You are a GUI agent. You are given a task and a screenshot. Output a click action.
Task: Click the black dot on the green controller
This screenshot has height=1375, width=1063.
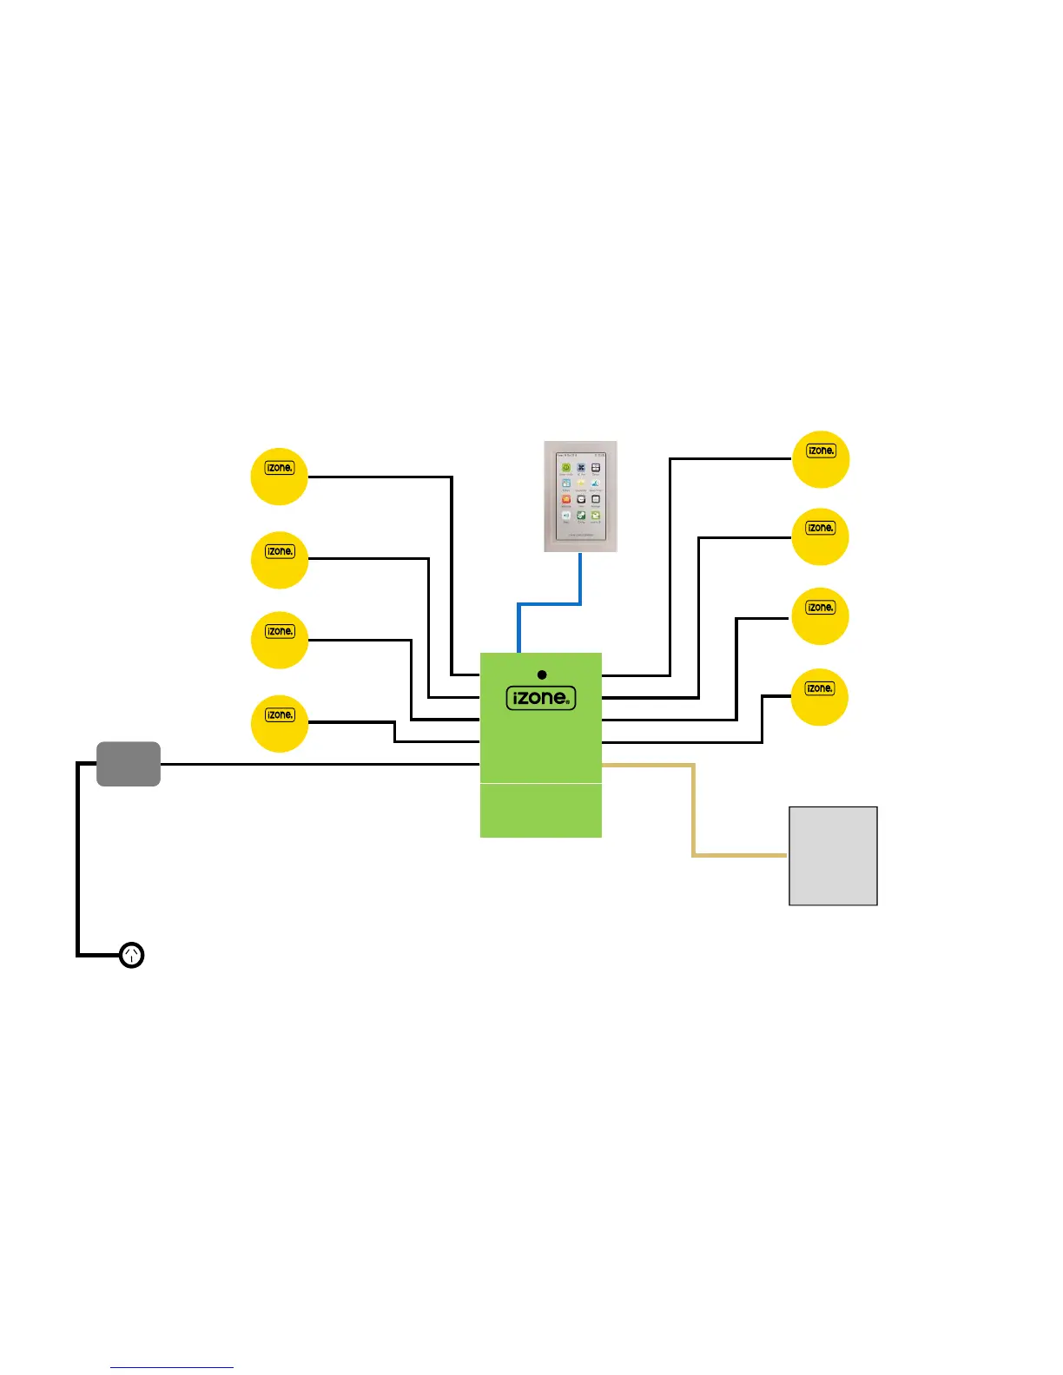click(542, 674)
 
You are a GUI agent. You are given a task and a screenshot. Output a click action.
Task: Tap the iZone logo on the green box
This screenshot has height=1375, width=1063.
click(541, 698)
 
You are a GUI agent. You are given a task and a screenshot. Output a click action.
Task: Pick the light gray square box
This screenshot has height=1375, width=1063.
click(833, 856)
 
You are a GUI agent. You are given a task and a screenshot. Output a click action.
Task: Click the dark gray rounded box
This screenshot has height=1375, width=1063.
click(129, 764)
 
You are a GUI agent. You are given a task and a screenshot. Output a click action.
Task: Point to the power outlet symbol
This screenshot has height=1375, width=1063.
click(131, 955)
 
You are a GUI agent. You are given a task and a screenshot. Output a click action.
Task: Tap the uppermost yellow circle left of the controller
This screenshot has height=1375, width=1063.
click(280, 477)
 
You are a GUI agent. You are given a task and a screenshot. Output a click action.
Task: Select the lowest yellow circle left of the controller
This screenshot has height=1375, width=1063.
click(280, 724)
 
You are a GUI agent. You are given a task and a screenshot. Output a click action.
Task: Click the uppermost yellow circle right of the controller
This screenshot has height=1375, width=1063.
click(821, 459)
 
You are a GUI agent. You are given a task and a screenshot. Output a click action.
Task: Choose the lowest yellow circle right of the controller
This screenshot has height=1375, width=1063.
click(820, 697)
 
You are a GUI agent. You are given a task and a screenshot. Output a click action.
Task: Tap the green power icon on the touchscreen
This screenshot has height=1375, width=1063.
click(565, 468)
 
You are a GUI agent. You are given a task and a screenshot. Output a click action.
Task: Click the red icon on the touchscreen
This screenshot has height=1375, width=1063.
click(566, 499)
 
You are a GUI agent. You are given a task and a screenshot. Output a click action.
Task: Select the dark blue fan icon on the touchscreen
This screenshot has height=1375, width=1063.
click(581, 468)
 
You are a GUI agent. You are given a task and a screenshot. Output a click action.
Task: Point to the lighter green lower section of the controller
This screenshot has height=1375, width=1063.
click(541, 811)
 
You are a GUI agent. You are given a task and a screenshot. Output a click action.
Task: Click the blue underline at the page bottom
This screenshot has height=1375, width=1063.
click(172, 1367)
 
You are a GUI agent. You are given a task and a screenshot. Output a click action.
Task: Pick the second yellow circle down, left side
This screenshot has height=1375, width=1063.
click(280, 560)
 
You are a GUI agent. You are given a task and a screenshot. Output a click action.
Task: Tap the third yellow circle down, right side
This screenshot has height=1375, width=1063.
click(820, 616)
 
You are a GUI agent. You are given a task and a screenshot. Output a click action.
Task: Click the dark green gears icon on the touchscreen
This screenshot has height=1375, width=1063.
click(581, 516)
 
